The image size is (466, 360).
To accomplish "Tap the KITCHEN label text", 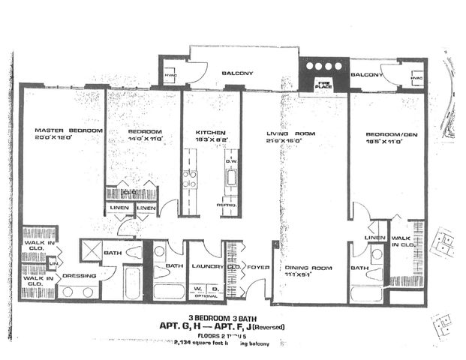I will coord(210,131).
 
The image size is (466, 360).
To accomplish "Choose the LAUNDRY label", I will coord(204,265).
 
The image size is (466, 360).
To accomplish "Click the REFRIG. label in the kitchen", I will coord(229,205).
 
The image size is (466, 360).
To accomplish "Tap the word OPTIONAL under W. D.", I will coord(206,295).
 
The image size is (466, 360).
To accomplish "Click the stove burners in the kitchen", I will coord(190,179).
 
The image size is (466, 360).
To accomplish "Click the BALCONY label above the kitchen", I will coord(236,73).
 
